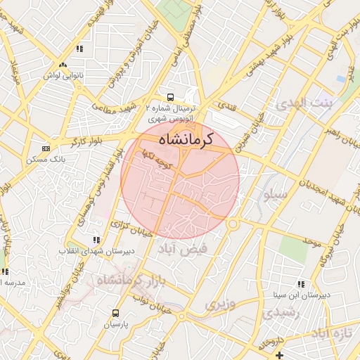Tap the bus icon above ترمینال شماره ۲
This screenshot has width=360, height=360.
(169, 97)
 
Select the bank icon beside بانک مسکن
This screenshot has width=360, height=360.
(46, 149)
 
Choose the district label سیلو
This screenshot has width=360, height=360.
(274, 193)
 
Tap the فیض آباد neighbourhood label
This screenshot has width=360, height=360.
(204, 248)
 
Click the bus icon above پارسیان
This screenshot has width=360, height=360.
(115, 314)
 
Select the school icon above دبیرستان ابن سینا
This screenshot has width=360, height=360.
(300, 284)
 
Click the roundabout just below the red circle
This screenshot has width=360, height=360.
(232, 224)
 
